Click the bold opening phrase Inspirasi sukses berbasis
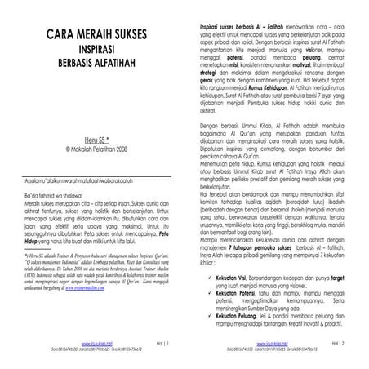coord(230,28)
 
